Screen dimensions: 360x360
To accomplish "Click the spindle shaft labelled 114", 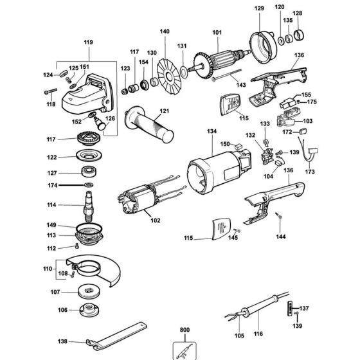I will [87, 206].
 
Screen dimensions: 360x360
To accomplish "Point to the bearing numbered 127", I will [87, 172].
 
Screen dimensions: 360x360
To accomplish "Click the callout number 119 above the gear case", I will [88, 42].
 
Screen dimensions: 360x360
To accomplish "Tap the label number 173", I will [310, 172].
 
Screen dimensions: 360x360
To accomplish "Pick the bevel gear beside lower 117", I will [86, 138].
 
